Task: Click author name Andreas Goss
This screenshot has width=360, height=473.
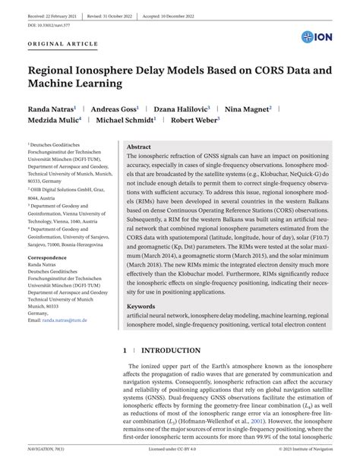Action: pos(114,109)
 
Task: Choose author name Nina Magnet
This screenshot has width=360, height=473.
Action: pos(247,109)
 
